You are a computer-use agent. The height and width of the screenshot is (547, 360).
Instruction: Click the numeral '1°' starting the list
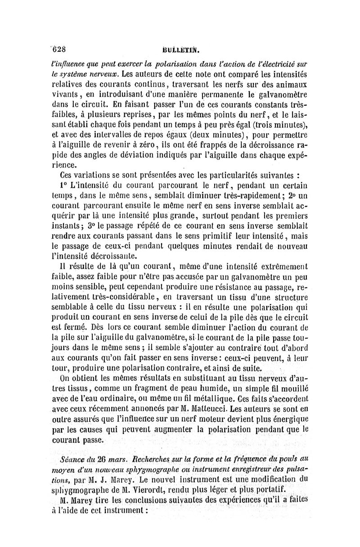(65, 185)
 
